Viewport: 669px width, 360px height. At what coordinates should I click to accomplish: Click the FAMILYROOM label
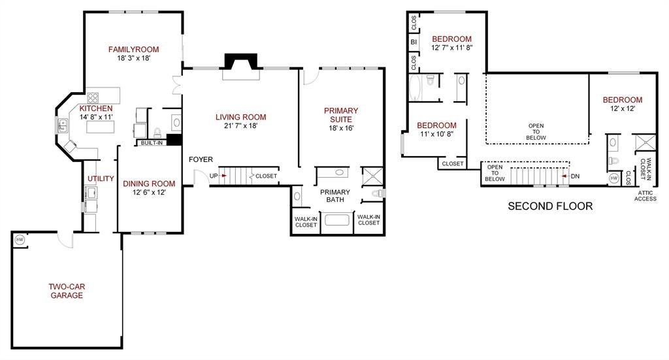tap(133, 50)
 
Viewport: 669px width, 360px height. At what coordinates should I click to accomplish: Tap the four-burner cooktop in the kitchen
tap(93, 98)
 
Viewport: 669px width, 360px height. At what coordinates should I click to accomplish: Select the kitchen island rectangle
tap(100, 127)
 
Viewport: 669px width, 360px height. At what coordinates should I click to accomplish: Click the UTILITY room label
tap(101, 179)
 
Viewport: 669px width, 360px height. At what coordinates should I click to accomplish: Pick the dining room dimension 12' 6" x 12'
tap(149, 192)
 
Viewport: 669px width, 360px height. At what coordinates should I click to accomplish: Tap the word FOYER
tap(201, 159)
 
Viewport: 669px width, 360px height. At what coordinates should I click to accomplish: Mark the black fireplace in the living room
tap(241, 61)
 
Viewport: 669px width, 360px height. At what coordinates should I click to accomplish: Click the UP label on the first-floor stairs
tap(214, 176)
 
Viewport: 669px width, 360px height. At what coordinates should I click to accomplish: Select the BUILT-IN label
tap(152, 143)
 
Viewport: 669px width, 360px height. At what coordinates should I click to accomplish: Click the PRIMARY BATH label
tap(335, 196)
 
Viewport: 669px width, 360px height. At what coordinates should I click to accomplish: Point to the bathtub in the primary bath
tap(337, 221)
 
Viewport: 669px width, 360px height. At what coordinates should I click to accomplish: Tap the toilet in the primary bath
tap(378, 193)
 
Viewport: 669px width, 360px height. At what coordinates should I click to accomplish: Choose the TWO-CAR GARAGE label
tap(67, 291)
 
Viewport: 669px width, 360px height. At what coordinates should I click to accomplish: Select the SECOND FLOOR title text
tap(550, 206)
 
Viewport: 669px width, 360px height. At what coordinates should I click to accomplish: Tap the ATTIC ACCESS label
tap(645, 196)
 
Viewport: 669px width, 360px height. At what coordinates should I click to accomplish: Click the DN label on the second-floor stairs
tap(575, 176)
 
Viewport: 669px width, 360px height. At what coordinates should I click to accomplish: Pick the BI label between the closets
tap(414, 42)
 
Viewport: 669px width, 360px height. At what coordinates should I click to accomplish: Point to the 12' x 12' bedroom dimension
tap(623, 108)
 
